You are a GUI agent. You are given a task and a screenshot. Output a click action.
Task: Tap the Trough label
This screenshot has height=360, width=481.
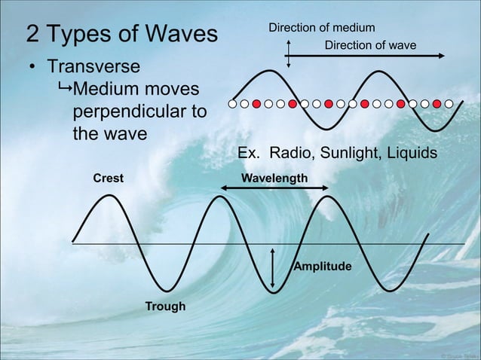coord(165,306)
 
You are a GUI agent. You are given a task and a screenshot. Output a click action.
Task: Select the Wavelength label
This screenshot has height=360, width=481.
coord(274,178)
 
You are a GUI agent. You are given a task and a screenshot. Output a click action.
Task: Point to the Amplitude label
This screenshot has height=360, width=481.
coord(322,267)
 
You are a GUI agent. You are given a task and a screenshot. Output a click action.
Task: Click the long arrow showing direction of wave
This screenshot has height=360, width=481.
coord(363,56)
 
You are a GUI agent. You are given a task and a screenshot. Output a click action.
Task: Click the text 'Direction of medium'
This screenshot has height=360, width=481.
coord(322,29)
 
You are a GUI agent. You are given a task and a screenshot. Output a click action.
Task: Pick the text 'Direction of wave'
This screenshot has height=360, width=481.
coord(370,46)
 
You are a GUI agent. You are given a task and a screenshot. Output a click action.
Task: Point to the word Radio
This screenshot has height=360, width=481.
coord(290,154)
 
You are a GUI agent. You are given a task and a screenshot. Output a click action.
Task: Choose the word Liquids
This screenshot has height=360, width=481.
coord(413,154)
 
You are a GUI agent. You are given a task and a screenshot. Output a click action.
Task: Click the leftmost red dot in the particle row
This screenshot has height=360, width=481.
coord(256,103)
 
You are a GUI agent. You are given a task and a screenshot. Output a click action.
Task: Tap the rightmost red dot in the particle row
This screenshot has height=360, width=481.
coord(437,103)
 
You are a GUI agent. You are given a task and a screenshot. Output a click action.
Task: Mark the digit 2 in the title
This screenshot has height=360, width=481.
coord(33,34)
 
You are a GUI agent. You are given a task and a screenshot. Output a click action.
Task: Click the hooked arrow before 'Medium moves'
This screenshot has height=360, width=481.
coord(63,91)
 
